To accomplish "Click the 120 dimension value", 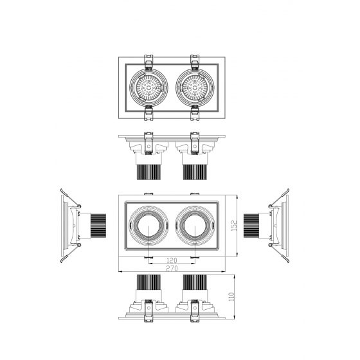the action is [x=172, y=260].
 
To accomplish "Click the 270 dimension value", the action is [x=172, y=268].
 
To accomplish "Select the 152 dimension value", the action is [x=234, y=226].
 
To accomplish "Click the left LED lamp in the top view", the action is [x=148, y=87].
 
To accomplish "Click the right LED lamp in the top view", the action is [x=195, y=87].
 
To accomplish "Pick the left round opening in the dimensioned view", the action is [x=148, y=226].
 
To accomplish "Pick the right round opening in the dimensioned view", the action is [x=195, y=226].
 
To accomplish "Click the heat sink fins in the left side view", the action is [x=98, y=226].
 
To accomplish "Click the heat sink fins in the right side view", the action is [x=251, y=226].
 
